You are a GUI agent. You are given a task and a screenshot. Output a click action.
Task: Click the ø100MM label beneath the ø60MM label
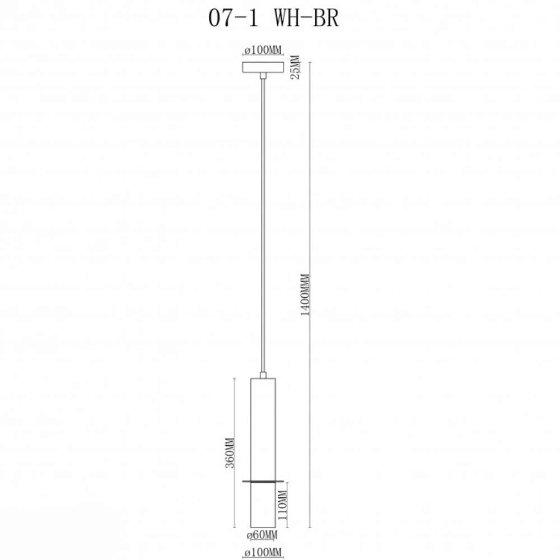tap(262, 553)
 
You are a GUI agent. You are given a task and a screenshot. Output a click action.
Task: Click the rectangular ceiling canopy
tap(262, 67)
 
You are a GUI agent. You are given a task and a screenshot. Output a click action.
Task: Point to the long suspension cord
tap(262, 224)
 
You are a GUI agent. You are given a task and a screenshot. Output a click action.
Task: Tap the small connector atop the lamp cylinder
tap(262, 375)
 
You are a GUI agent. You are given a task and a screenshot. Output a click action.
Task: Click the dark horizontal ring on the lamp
tap(262, 480)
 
